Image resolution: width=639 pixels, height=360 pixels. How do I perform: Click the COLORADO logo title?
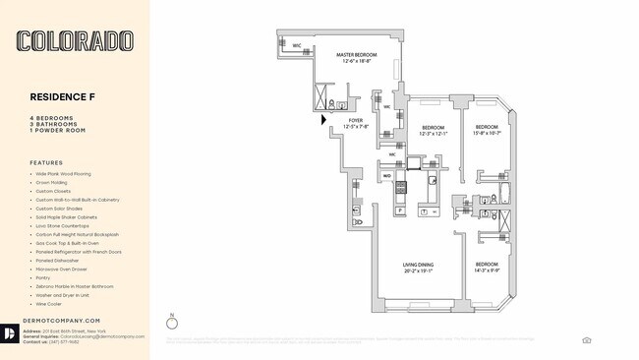coord(75,41)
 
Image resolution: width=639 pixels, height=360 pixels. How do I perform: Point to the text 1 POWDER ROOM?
coord(57,130)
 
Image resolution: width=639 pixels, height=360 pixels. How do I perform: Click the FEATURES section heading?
coord(46,163)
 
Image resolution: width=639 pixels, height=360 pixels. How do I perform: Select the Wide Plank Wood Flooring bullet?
coord(65,174)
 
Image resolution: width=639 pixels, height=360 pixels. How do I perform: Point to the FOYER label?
coord(356,120)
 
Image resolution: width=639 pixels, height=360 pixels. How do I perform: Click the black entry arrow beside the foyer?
coord(324,120)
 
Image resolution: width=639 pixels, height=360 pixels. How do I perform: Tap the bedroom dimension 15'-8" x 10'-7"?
coord(489,134)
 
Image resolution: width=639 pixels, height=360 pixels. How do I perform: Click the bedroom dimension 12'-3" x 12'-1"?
coord(435,134)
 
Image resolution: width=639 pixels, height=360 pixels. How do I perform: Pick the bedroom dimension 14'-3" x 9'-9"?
coord(489,270)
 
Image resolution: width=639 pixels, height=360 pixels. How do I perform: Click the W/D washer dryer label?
coord(387,176)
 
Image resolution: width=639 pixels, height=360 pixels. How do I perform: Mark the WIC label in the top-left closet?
coord(296,45)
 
